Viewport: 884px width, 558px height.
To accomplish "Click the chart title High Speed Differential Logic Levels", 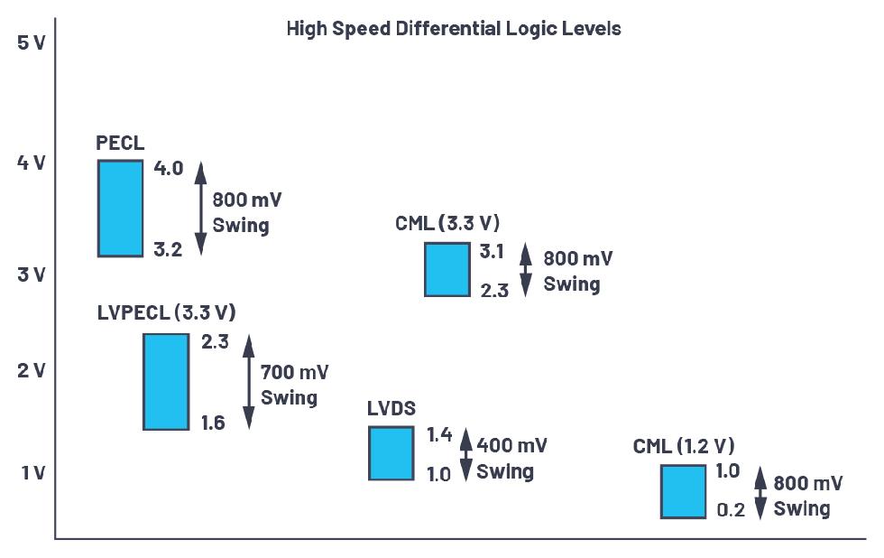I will coord(454,29).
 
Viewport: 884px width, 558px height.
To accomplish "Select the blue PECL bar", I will coord(121,208).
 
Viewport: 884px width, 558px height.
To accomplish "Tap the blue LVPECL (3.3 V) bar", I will coord(166,381).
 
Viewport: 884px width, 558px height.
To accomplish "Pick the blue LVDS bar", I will coord(391,452).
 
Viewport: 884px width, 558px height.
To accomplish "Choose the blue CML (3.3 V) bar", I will coord(447,269).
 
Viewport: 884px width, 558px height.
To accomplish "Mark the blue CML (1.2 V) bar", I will coord(684,491).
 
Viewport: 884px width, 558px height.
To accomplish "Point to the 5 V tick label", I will coord(31,42).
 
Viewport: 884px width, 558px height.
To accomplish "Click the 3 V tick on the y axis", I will coord(31,274).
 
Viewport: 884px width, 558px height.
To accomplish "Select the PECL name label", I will coord(120,144).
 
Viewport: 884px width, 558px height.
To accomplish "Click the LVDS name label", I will coord(391,408).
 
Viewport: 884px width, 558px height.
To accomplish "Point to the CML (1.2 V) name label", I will coord(684,446).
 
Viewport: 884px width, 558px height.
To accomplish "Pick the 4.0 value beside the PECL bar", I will coord(168,168).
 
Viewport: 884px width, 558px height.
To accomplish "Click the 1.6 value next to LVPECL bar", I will coord(214,423).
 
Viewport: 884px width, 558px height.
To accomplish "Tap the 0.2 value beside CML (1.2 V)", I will coord(731,510).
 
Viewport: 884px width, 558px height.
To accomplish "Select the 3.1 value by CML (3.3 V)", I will coord(492,252).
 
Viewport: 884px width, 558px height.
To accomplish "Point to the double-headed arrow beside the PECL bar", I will coord(201,208).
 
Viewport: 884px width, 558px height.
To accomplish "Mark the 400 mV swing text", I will coord(511,458).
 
